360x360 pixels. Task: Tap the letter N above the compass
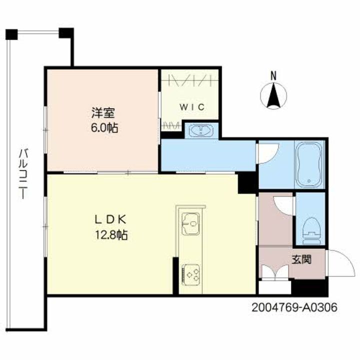(273, 76)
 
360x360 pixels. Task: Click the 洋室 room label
(100, 112)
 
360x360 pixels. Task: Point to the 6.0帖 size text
(104, 128)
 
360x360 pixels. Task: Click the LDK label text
(112, 218)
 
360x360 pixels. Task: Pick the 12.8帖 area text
(112, 234)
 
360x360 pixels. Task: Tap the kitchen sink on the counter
(190, 223)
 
